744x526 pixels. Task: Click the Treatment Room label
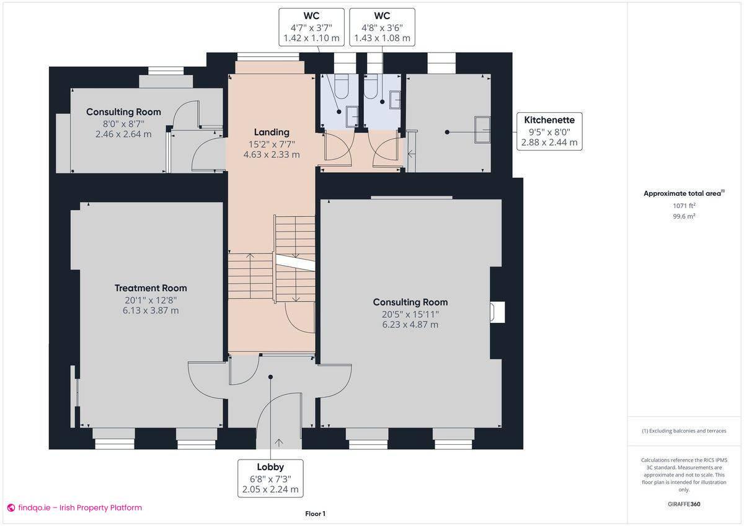coord(151,288)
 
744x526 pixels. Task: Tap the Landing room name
coord(272,132)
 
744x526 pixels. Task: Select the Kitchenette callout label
coord(549,120)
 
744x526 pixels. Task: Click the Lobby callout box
coord(270,478)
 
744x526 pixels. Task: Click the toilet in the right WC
coord(372,88)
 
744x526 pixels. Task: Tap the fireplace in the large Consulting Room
coord(497,312)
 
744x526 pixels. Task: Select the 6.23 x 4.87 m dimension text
coord(410,325)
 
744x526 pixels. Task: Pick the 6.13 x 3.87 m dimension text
coord(151,310)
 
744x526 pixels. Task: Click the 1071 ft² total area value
coord(684,206)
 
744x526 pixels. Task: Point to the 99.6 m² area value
coord(684,216)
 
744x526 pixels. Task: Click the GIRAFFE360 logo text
coord(684,504)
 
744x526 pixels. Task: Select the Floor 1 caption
coord(315,514)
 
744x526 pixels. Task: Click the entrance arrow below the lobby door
coord(278,442)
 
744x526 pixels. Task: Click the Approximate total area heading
coord(682,194)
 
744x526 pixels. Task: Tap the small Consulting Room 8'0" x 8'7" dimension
coord(123,123)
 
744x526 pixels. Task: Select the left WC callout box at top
coord(311,27)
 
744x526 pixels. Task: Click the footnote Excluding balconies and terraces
coord(684,431)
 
